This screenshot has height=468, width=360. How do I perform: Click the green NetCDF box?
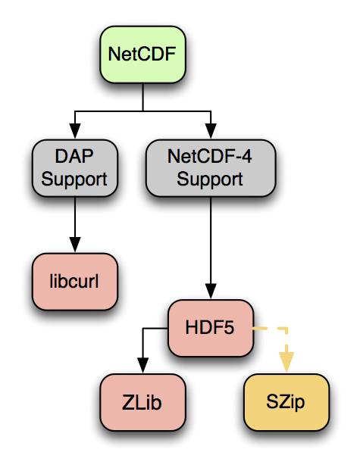point(142,55)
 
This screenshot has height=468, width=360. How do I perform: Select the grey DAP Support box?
point(75,168)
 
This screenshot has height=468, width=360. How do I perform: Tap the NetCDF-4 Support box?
point(211,168)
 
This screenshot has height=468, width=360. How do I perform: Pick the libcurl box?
point(75,282)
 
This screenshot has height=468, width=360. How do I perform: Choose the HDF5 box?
point(211,328)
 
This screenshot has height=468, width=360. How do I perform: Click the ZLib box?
point(142,402)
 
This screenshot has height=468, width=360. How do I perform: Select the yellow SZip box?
point(286,402)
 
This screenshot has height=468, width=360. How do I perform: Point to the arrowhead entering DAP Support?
point(75,131)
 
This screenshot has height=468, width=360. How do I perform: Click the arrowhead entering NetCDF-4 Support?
point(211,131)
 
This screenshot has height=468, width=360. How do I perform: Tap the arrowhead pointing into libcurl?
point(75,245)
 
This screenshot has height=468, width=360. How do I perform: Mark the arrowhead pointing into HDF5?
point(211,291)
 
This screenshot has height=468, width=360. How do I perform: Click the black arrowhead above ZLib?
point(142,365)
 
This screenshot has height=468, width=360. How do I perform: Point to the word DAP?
point(74,156)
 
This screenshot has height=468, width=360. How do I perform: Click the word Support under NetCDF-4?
point(210,179)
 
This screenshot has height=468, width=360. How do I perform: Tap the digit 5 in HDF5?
point(229,327)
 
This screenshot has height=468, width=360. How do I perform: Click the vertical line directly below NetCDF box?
point(142,97)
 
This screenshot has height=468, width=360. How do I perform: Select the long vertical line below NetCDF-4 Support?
point(211,240)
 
